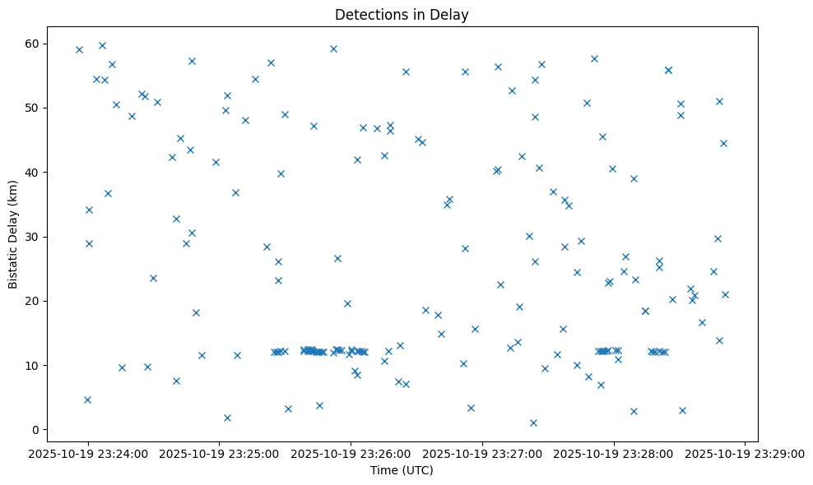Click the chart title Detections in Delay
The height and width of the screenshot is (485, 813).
[402, 15]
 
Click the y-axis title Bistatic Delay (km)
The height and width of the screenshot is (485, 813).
[13, 233]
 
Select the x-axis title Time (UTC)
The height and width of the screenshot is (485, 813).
[402, 471]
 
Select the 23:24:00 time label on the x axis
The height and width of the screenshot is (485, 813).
[88, 453]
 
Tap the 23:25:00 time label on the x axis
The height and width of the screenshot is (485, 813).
[219, 453]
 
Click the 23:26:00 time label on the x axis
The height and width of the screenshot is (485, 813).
[351, 453]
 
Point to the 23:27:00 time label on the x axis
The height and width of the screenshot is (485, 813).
[482, 453]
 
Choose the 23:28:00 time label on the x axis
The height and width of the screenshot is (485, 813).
[614, 453]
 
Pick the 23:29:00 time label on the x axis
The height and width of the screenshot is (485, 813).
[746, 453]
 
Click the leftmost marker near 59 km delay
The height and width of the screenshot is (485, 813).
[79, 49]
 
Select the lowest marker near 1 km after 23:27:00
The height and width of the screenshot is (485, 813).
[533, 423]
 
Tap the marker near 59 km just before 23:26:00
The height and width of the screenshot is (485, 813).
[333, 48]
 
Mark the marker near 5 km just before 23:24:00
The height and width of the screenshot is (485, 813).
[87, 400]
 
